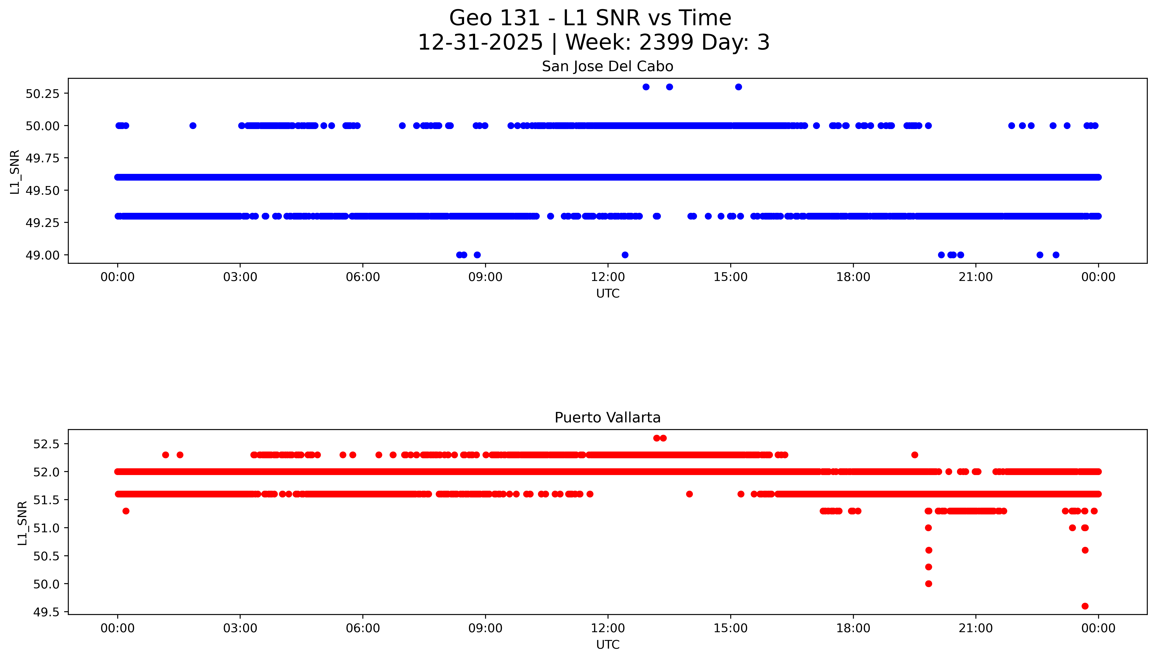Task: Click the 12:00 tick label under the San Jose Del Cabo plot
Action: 608,277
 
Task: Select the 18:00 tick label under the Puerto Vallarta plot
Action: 853,628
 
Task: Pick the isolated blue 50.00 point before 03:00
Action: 193,126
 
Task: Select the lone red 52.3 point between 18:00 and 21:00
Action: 915,455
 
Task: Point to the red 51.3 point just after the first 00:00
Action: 126,511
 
